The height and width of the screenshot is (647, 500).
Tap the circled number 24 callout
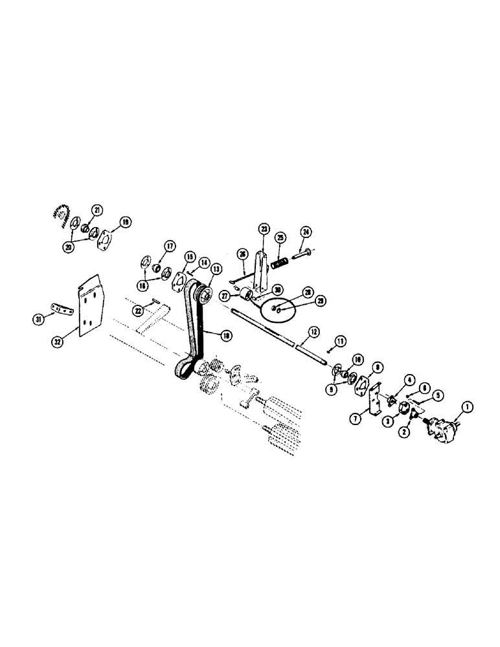click(x=306, y=232)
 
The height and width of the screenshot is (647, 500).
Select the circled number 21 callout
click(x=97, y=210)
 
